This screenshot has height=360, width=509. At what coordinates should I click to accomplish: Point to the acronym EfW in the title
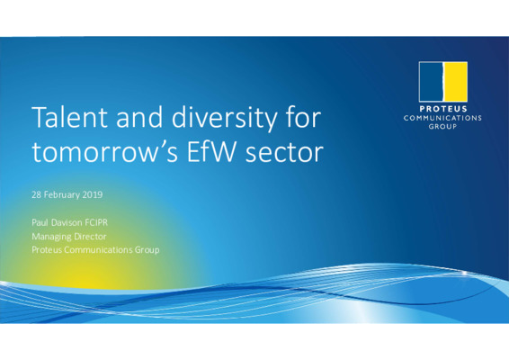216,153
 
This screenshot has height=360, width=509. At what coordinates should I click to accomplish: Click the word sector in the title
286,153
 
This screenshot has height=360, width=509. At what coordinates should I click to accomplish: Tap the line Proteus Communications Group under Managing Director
94,249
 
